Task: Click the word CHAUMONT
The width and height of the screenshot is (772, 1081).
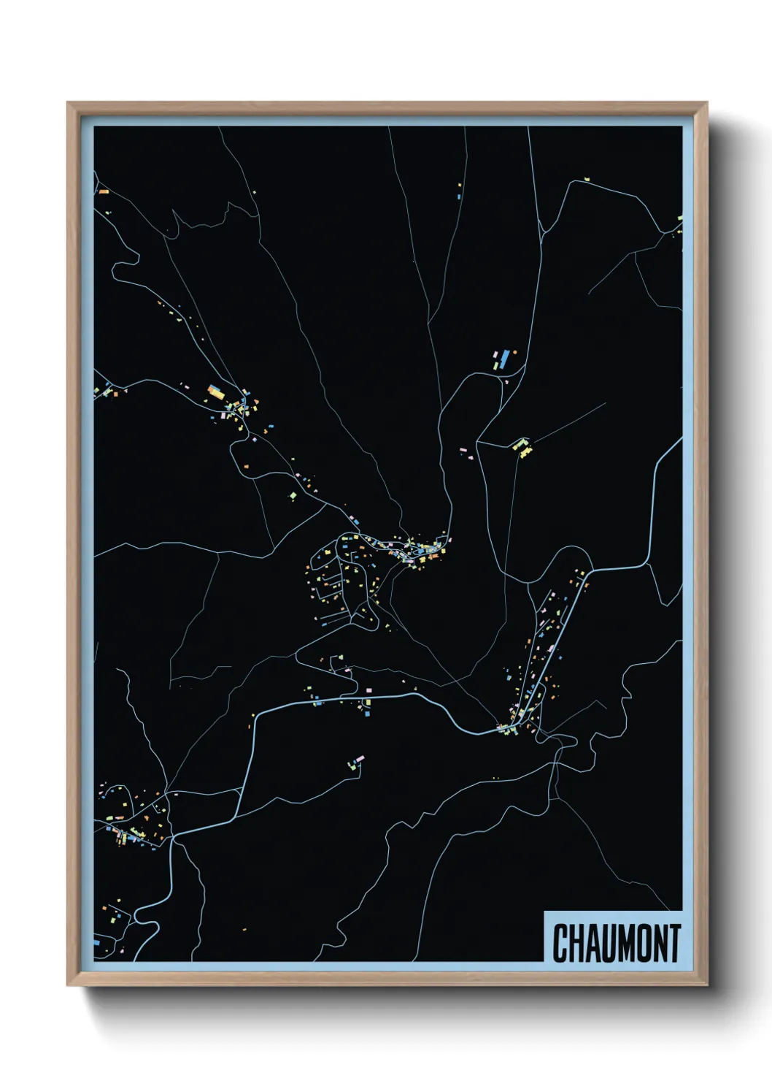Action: pyautogui.click(x=617, y=943)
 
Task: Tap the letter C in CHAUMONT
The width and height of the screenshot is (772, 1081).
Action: pyautogui.click(x=560, y=943)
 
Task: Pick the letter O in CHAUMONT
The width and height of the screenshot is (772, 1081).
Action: pyautogui.click(x=637, y=943)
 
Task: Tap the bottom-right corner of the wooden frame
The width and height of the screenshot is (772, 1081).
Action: pyautogui.click(x=706, y=985)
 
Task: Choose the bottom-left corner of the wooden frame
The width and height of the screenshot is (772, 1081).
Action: pyautogui.click(x=69, y=985)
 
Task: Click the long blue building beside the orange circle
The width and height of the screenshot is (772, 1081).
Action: pyautogui.click(x=503, y=359)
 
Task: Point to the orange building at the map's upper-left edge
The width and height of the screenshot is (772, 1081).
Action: pyautogui.click(x=104, y=191)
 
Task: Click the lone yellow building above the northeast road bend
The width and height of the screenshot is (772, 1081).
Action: pyautogui.click(x=586, y=177)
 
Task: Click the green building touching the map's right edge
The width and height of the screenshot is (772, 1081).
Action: pyautogui.click(x=679, y=218)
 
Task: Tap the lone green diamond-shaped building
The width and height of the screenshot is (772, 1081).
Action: pyautogui.click(x=293, y=495)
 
